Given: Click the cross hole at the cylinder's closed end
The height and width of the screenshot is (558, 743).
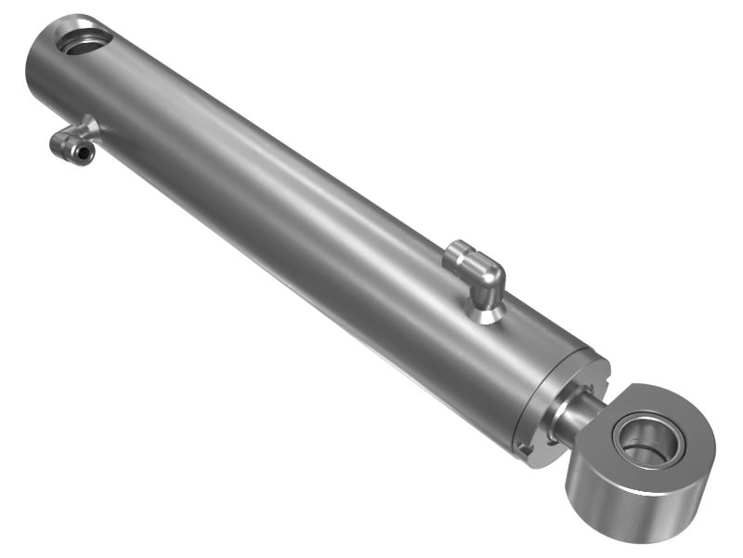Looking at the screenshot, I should point(85,40).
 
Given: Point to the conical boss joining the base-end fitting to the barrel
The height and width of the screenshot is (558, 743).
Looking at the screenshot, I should point(90,126).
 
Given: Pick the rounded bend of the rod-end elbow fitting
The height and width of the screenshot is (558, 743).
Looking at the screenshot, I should point(490,273).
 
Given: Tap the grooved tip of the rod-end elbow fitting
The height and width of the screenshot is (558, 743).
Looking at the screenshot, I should point(454,253).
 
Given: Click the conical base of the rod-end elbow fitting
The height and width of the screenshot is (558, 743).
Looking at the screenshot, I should point(484,312).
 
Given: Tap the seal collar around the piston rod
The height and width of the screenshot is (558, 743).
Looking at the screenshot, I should point(563,413).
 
